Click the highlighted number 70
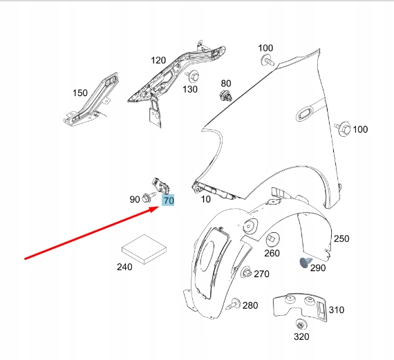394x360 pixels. click(169, 200)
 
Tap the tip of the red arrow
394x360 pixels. click(159, 207)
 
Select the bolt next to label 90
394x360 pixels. click(149, 197)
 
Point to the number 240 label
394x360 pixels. click(124, 267)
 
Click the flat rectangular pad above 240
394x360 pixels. click(144, 249)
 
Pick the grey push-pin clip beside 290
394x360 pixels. click(306, 263)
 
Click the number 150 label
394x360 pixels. click(80, 93)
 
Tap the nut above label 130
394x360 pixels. click(193, 76)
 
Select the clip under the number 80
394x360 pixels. click(225, 96)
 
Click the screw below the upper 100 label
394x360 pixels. click(268, 61)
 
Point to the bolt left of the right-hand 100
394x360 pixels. click(343, 129)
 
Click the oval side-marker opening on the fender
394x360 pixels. click(304, 113)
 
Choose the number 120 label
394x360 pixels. click(158, 60)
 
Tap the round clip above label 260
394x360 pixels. click(273, 239)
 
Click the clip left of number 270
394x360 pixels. click(246, 272)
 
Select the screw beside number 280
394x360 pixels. click(233, 304)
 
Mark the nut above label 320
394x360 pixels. click(300, 325)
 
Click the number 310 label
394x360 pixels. click(336, 310)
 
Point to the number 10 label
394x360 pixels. click(205, 199)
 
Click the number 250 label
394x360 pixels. click(341, 238)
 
